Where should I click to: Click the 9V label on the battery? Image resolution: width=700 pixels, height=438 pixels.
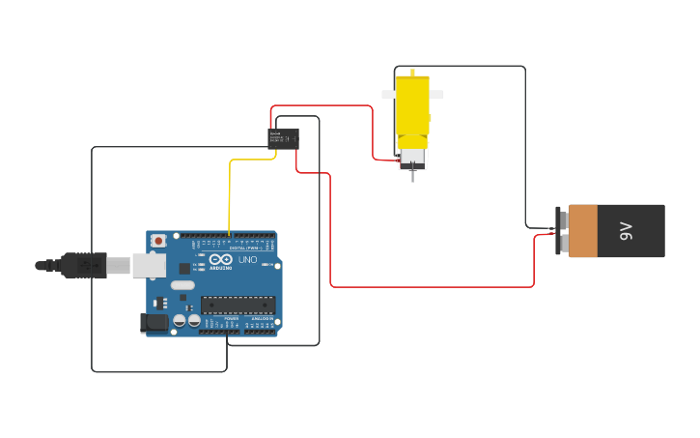pos(626,230)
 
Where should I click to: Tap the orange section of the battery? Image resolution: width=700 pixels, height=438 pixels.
pos(584,231)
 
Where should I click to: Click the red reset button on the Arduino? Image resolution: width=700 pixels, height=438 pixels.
pos(157,240)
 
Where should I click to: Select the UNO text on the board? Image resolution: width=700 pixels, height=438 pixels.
pos(247,259)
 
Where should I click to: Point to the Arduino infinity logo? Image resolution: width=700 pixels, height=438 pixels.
pos(220,259)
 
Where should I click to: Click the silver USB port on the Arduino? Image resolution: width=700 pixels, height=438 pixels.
pos(148,265)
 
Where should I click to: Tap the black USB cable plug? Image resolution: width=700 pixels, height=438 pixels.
pos(83,264)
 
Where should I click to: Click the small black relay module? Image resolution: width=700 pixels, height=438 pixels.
pos(283,138)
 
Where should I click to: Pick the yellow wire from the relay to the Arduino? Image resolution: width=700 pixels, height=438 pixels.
pos(230,193)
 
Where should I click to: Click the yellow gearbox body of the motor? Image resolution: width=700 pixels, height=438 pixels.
pos(412,106)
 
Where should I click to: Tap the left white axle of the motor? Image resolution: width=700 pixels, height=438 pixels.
pos(388,94)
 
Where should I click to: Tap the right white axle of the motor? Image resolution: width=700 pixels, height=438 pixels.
pos(436,95)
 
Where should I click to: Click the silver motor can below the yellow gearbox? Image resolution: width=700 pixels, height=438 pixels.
pos(413,157)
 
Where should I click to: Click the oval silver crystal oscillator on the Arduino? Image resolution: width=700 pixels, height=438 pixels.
pos(182,284)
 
